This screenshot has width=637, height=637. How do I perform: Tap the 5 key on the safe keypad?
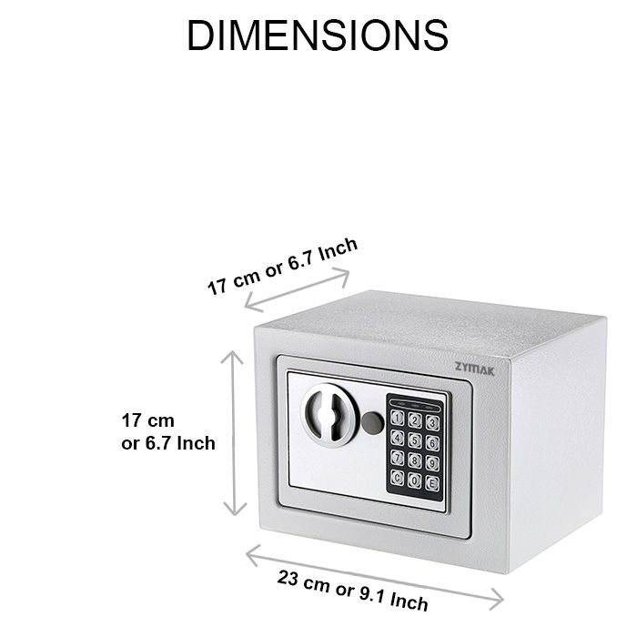coord(415,441)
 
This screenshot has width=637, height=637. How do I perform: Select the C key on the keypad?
coord(399,476)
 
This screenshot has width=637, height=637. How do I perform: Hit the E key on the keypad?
coord(432,483)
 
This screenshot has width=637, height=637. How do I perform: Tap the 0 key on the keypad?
coord(415,480)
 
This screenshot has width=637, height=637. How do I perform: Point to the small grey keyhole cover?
coord(371,423)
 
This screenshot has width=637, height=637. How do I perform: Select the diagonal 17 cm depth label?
coord(282,266)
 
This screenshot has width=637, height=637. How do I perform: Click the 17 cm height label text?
coord(168,432)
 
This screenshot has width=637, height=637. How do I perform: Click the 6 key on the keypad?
coord(432,444)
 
